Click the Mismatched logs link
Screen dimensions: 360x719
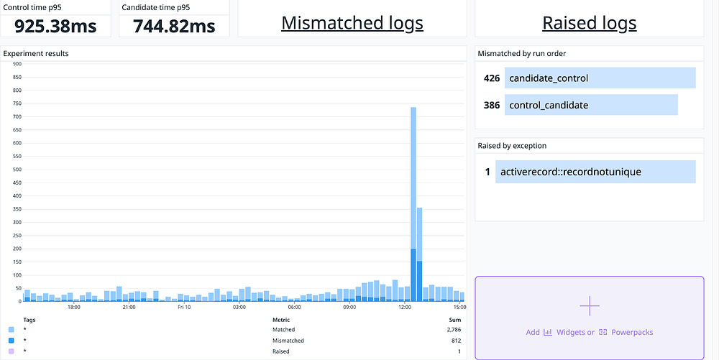tap(352, 23)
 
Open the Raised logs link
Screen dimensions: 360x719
tap(589, 23)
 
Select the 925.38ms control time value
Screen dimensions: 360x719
tap(55, 26)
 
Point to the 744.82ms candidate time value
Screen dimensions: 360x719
tap(174, 26)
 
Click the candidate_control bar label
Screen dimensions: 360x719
tap(548, 78)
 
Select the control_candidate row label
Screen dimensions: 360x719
tap(548, 105)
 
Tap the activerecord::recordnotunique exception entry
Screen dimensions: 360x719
tap(570, 172)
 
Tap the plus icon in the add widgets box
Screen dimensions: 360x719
tap(589, 306)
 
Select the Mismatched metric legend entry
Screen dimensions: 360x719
tap(288, 340)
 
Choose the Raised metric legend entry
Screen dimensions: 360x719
tap(280, 351)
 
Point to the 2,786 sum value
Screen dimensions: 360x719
tap(453, 329)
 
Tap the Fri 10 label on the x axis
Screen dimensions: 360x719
tap(184, 308)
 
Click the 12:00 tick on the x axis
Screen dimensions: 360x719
tap(405, 308)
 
